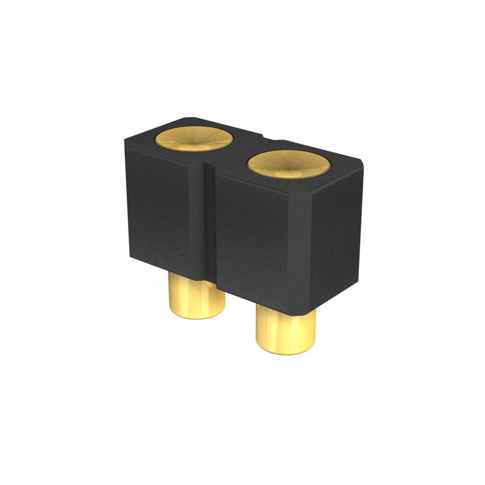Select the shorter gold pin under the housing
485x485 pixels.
click(x=196, y=300)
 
